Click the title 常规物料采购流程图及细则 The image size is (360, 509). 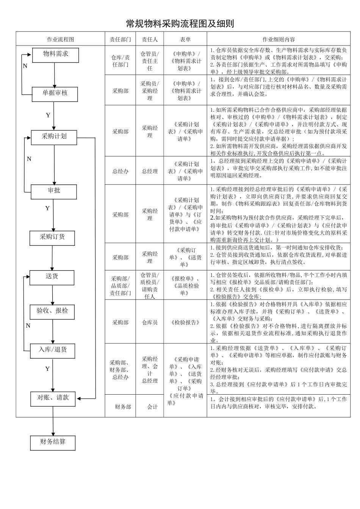tap(180, 24)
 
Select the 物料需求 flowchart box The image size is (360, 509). tap(56, 55)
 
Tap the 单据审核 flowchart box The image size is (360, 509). tap(55, 94)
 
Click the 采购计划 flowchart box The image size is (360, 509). tap(54, 137)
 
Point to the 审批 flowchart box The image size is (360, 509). tap(54, 191)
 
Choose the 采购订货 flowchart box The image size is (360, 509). tap(52, 237)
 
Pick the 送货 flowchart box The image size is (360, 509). tap(52, 277)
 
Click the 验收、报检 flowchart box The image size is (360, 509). tap(52, 311)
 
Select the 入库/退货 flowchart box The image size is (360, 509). tap(52, 350)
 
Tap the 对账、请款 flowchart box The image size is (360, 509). tap(53, 398)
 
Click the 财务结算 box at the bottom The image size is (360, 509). tap(53, 442)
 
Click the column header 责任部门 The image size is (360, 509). tap(120, 39)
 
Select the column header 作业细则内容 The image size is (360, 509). tap(279, 39)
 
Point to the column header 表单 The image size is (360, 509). tap(185, 39)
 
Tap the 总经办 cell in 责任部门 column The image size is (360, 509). tap(120, 171)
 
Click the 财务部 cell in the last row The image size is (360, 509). tap(123, 407)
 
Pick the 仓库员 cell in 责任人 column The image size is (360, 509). tap(150, 323)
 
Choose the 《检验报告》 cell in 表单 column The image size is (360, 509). tap(185, 323)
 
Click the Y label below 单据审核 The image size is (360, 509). tap(48, 115)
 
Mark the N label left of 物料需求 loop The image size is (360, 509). tap(25, 66)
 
